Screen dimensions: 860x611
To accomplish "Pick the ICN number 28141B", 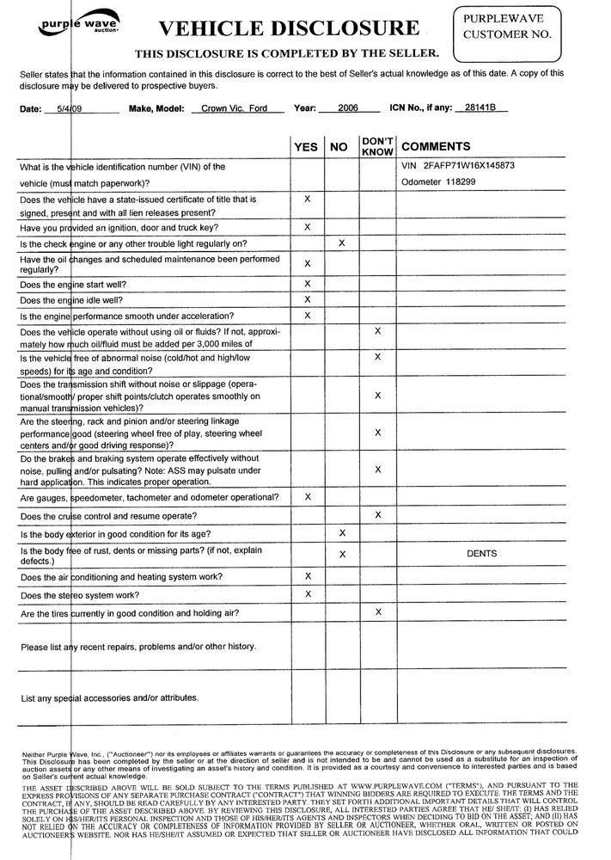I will pos(480,109).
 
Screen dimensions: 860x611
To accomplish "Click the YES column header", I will pos(306,147).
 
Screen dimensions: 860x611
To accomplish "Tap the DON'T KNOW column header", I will pos(377,145).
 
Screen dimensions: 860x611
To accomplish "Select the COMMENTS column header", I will pos(436,147).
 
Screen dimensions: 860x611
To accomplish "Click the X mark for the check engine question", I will pos(342,243).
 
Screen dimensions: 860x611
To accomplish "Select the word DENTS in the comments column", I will pos(481,554).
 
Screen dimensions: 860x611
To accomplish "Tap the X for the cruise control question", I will pos(377,514).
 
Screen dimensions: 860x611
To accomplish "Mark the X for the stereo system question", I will pos(307,593).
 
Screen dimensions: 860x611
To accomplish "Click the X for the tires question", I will pos(377,611).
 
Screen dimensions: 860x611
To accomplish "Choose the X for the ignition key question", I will pos(307,226).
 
